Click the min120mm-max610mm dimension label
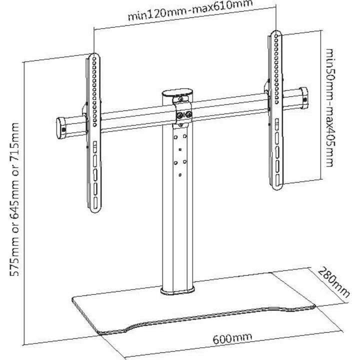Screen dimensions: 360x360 190,10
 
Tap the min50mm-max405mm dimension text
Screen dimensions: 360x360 329,107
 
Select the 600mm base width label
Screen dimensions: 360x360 232,338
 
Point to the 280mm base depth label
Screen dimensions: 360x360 333,282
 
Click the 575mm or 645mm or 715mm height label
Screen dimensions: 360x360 14,199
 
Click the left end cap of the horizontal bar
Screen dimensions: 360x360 61,128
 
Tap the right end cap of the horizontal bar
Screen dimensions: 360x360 303,98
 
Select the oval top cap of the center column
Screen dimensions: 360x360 177,93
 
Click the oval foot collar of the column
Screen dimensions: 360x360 177,290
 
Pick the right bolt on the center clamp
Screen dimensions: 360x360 188,113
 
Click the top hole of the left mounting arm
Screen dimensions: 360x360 94,59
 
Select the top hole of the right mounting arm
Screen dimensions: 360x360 276,36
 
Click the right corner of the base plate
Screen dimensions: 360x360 314,305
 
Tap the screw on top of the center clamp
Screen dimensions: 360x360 180,99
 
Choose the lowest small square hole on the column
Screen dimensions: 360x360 180,175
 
